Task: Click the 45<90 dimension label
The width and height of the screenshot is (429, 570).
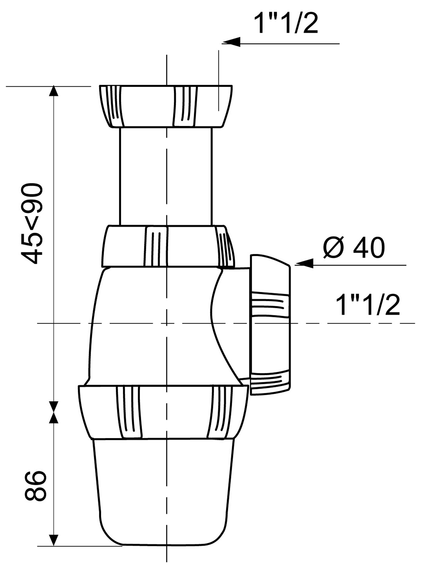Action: tap(32, 223)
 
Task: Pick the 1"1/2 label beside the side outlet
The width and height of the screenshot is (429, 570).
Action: tap(367, 306)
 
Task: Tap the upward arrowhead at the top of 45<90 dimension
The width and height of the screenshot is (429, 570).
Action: tap(53, 91)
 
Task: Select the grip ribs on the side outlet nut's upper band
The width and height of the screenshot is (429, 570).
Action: tap(269, 303)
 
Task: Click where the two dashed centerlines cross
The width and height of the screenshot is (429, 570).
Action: tap(166, 323)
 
